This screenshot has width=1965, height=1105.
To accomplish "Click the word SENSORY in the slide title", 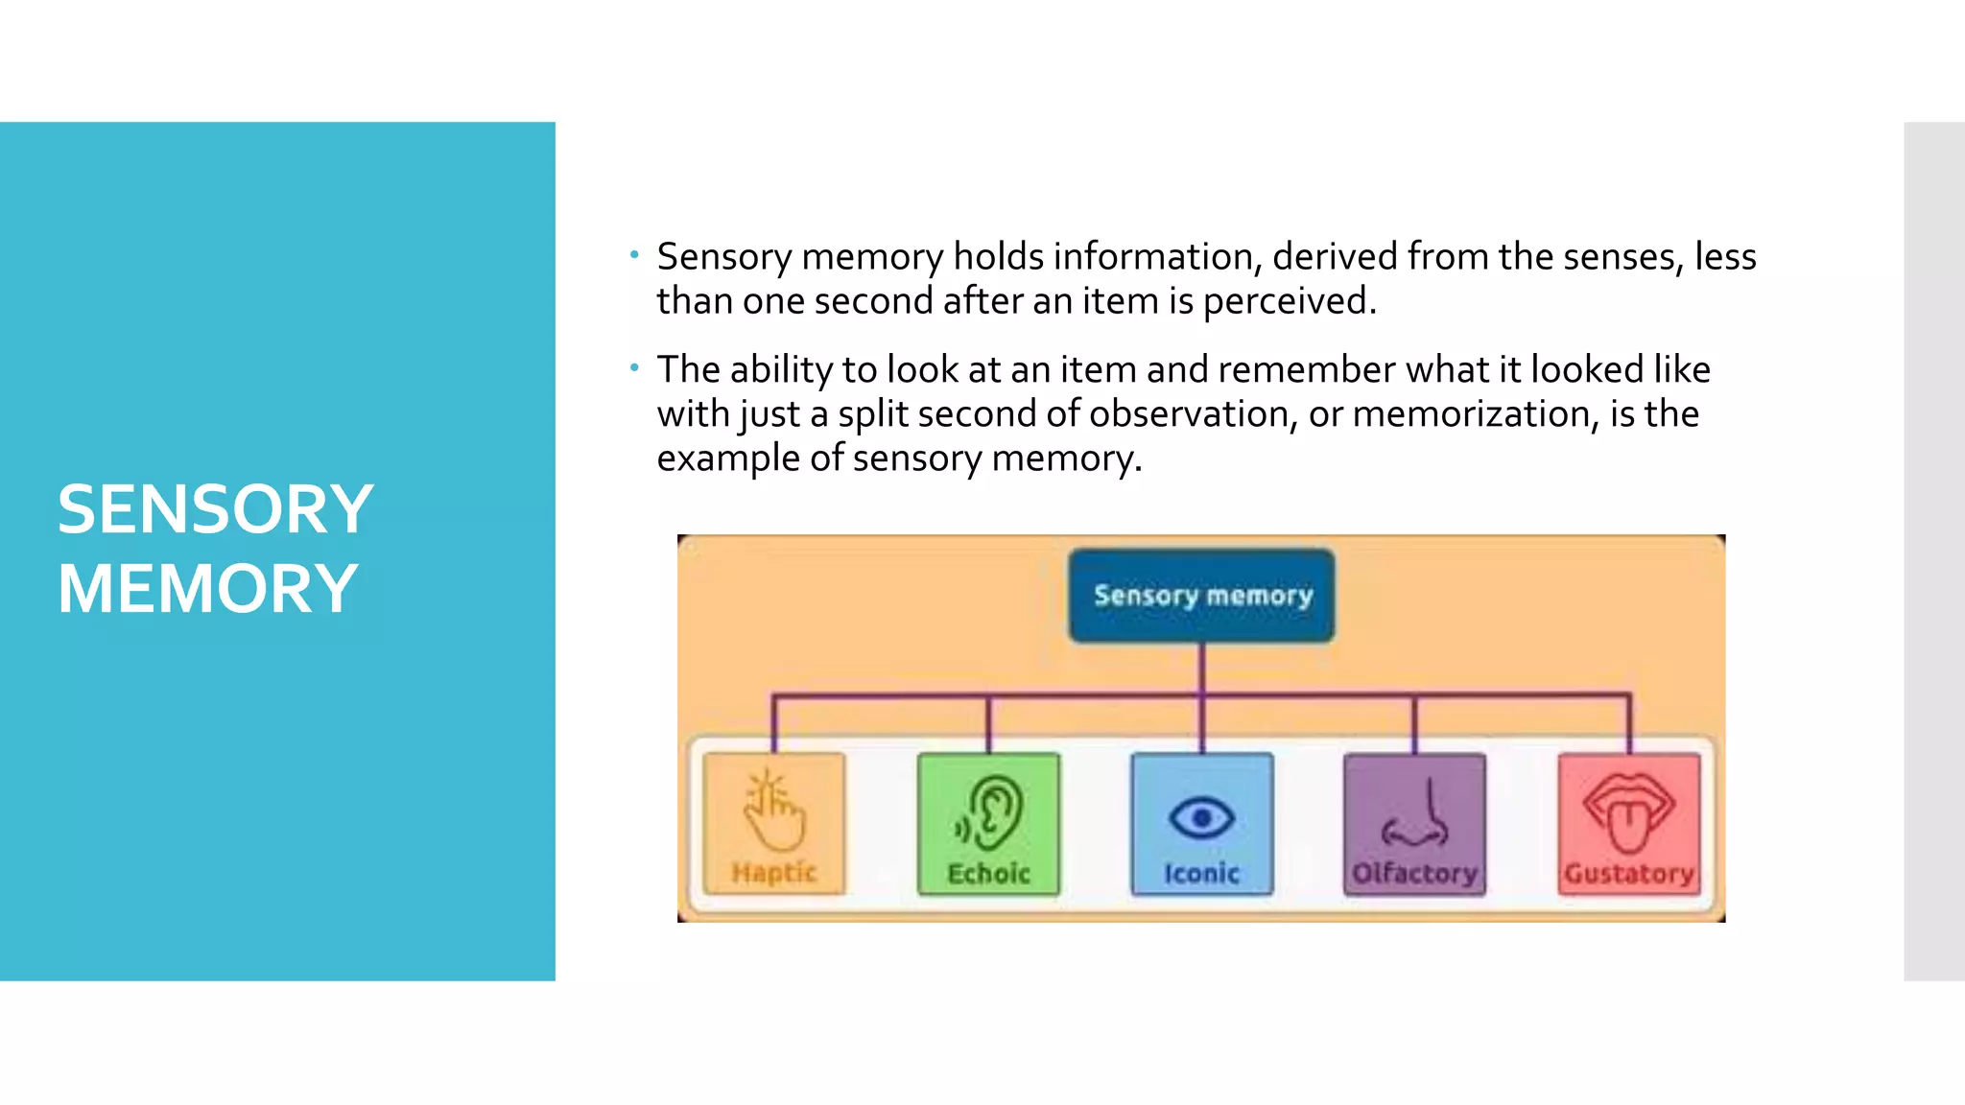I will pyautogui.click(x=215, y=509).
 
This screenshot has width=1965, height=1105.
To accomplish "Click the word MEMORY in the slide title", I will pyautogui.click(x=207, y=589).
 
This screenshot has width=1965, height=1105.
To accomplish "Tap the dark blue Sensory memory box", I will pyautogui.click(x=1201, y=595).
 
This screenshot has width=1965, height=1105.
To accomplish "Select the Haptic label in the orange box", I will pyautogui.click(x=773, y=873).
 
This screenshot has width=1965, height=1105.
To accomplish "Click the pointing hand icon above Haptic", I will pyautogui.click(x=773, y=811).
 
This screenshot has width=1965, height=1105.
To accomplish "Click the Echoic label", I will pyautogui.click(x=988, y=874).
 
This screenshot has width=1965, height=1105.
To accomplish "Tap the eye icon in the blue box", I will pyautogui.click(x=1201, y=818).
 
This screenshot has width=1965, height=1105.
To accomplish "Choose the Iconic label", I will pyautogui.click(x=1201, y=874).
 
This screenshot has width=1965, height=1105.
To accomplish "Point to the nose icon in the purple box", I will pyautogui.click(x=1416, y=814).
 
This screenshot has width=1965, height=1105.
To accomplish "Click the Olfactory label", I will pyautogui.click(x=1414, y=874).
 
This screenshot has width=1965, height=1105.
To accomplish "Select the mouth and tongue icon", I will pyautogui.click(x=1628, y=813).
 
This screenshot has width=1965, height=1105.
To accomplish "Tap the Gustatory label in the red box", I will pyautogui.click(x=1628, y=874).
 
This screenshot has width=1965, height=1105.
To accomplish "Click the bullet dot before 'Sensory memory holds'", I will pyautogui.click(x=634, y=255).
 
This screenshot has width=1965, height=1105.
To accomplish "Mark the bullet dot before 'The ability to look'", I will pyautogui.click(x=634, y=367).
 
